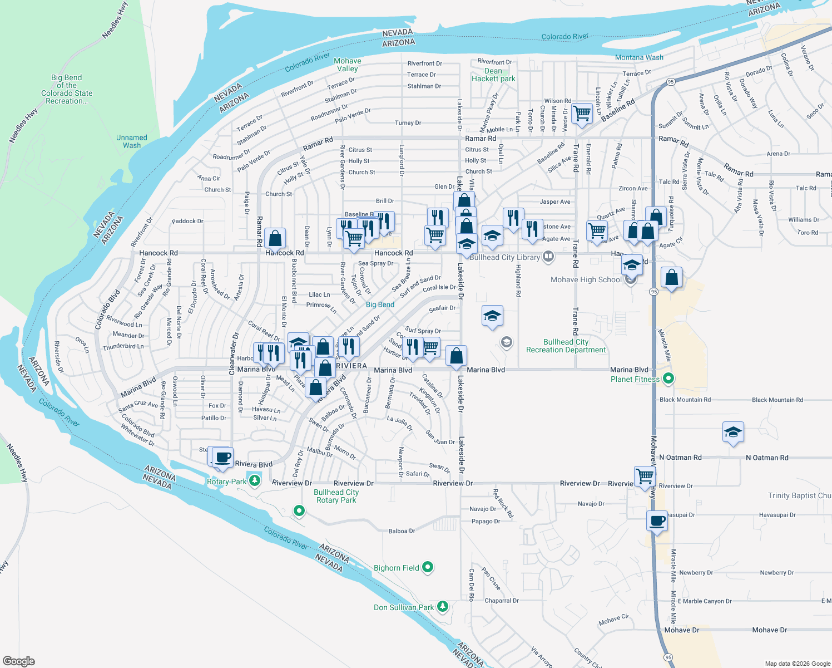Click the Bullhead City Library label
(x=504, y=257)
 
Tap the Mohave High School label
(x=586, y=279)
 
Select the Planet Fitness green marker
(x=669, y=379)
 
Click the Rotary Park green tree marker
(x=255, y=480)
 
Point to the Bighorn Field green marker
(x=428, y=567)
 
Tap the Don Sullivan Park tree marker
(x=442, y=606)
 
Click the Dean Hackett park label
(x=493, y=75)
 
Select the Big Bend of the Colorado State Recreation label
(x=67, y=89)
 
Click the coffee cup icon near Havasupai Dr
(x=657, y=521)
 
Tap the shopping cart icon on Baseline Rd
(x=582, y=114)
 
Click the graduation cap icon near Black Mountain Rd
(x=732, y=432)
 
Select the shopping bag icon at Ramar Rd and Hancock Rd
(x=275, y=238)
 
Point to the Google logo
(x=19, y=661)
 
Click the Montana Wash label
(x=639, y=57)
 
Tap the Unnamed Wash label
(x=132, y=141)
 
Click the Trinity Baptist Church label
(x=799, y=495)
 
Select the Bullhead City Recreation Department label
(x=566, y=346)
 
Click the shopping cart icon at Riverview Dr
(x=645, y=477)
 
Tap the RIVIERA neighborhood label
(x=351, y=366)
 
